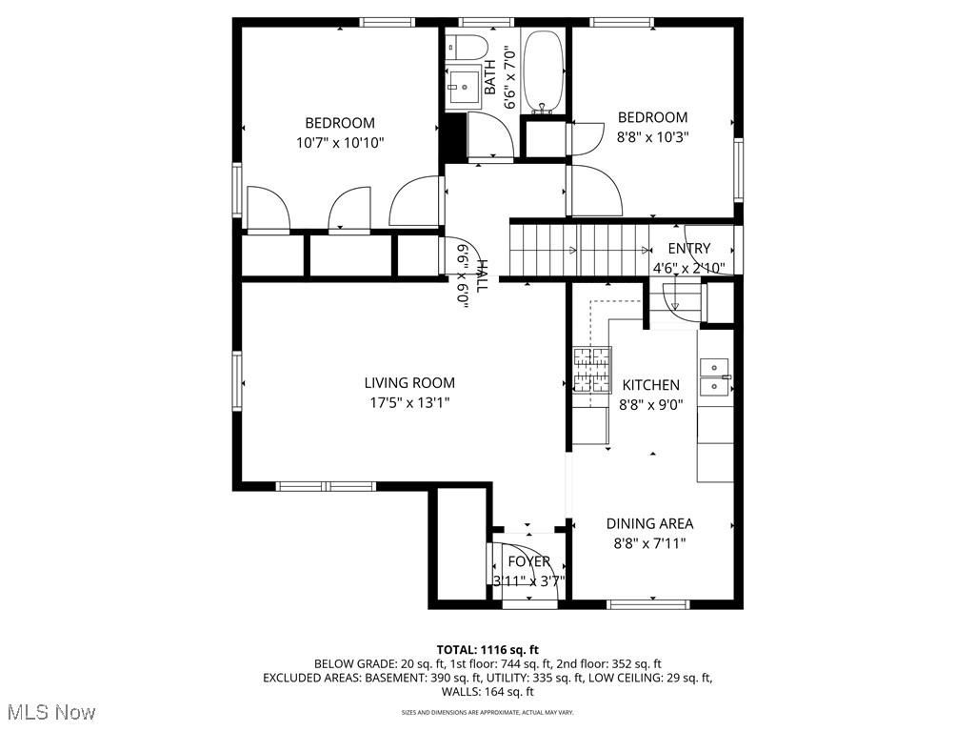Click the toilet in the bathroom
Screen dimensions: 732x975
[x=468, y=46]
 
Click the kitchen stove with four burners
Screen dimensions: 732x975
[x=590, y=371]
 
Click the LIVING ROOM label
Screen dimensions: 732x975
[x=409, y=383]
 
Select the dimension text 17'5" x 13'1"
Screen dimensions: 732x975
[x=409, y=402]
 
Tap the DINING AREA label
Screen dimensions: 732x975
[x=649, y=523]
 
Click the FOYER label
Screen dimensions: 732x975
[x=528, y=561]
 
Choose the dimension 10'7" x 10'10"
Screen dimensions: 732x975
[x=340, y=142]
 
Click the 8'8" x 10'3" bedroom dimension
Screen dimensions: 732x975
[x=652, y=136]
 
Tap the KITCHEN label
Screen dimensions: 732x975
[x=650, y=385]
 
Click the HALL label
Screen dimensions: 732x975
[x=483, y=276]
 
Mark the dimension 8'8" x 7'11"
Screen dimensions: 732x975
[x=649, y=543]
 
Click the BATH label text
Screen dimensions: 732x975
[x=490, y=77]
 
